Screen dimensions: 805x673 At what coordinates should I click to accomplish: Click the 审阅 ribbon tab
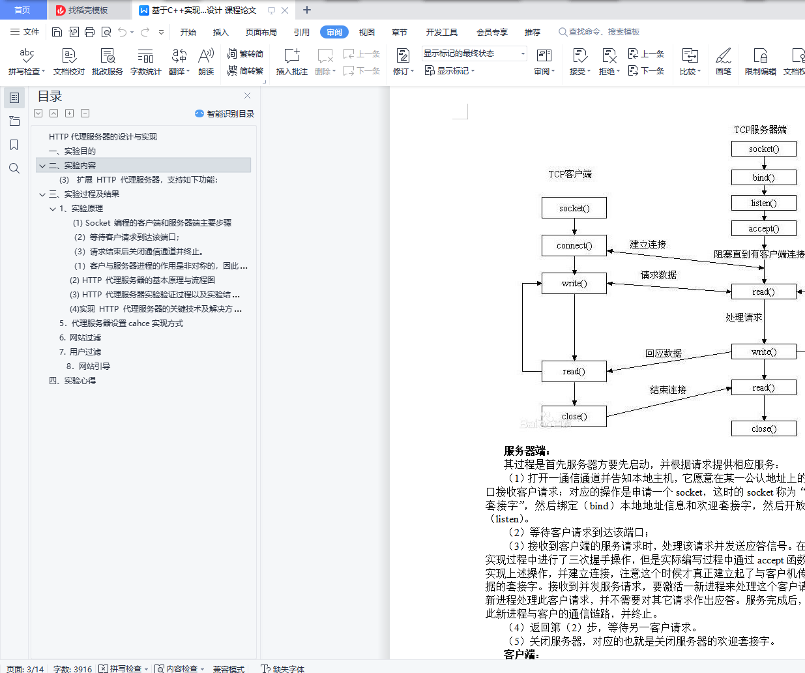[x=334, y=32]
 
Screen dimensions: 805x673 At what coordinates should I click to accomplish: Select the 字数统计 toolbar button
[x=145, y=62]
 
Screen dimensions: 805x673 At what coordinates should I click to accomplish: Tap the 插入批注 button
[x=291, y=62]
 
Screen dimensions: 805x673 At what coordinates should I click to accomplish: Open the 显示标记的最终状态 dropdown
[x=475, y=53]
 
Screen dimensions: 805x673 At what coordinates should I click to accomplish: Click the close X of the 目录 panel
[x=248, y=96]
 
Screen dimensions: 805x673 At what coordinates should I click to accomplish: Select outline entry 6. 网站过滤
[x=80, y=337]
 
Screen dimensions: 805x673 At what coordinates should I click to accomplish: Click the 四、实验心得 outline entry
[x=72, y=381]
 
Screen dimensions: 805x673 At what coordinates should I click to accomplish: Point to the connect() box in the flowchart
[x=574, y=246]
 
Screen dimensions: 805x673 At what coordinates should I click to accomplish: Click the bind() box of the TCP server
[x=764, y=177]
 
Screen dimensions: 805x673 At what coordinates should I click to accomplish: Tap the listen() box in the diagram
[x=764, y=203]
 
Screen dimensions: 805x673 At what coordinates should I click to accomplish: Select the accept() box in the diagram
[x=764, y=228]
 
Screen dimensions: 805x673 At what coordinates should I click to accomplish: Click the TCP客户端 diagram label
[x=570, y=174]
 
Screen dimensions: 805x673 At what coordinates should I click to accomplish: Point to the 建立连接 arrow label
[x=648, y=245]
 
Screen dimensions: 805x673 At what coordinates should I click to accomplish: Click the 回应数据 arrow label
[x=664, y=353]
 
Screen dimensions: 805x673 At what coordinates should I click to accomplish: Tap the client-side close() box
[x=574, y=417]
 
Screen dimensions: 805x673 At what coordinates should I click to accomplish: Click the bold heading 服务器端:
[x=526, y=451]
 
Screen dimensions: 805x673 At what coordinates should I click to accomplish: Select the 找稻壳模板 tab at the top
[x=88, y=10]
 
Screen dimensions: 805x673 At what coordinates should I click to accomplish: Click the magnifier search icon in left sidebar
[x=14, y=168]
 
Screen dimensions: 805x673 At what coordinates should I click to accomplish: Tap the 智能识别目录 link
[x=224, y=113]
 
